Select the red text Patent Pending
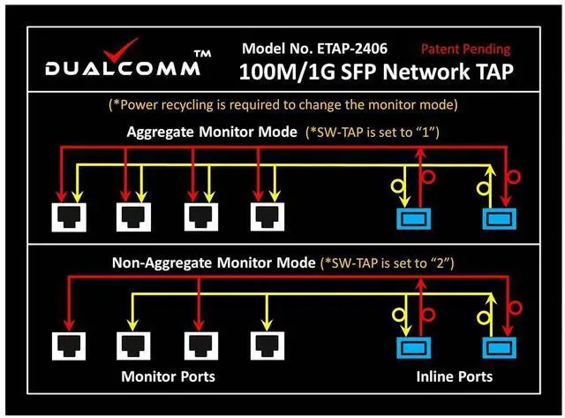click(x=465, y=49)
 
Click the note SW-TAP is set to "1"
click(x=373, y=133)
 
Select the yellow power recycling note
click(x=282, y=104)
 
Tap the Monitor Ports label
click(x=167, y=376)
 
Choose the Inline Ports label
click(x=454, y=376)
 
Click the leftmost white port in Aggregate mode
click(x=67, y=216)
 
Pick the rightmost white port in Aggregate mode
click(x=265, y=216)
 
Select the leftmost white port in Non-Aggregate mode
click(x=67, y=345)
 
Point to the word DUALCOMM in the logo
click(x=115, y=69)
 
